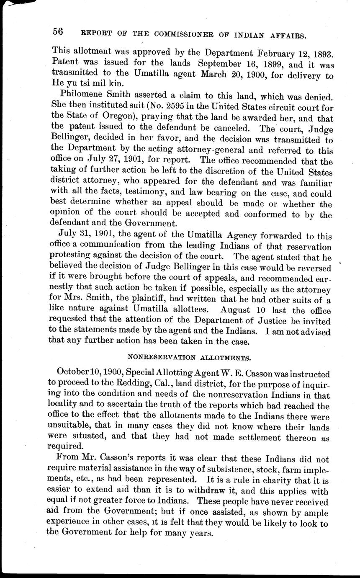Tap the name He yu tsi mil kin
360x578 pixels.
tap(85, 86)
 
